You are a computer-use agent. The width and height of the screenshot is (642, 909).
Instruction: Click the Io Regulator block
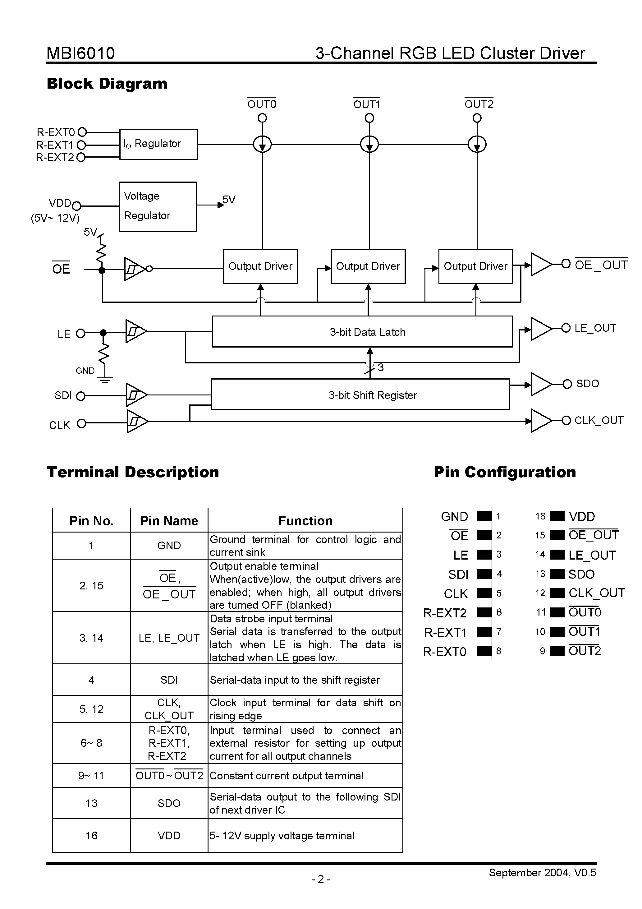(x=158, y=144)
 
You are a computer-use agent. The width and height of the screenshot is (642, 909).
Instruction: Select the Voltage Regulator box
(x=158, y=206)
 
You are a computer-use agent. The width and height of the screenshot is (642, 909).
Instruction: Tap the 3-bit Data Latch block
(x=362, y=332)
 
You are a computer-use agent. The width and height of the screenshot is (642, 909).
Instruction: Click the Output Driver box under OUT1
(x=368, y=266)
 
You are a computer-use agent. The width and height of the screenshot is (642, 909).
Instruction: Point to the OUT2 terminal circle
(x=477, y=118)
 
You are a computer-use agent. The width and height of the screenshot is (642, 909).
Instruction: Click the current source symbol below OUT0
(x=262, y=145)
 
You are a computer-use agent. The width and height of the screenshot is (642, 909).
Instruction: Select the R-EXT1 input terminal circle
(x=81, y=145)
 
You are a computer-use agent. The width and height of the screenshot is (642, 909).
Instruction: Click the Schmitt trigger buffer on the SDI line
(x=135, y=395)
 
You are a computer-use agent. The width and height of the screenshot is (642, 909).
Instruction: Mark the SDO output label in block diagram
(x=587, y=384)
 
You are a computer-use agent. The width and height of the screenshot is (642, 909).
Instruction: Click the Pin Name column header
(x=169, y=521)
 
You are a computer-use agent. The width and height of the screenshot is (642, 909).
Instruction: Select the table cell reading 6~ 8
(x=91, y=743)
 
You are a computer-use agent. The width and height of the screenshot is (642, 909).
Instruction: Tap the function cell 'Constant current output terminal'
(x=286, y=776)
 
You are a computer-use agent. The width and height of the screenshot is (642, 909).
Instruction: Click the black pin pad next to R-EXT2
(x=484, y=612)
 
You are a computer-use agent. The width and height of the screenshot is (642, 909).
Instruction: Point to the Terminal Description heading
(x=133, y=472)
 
